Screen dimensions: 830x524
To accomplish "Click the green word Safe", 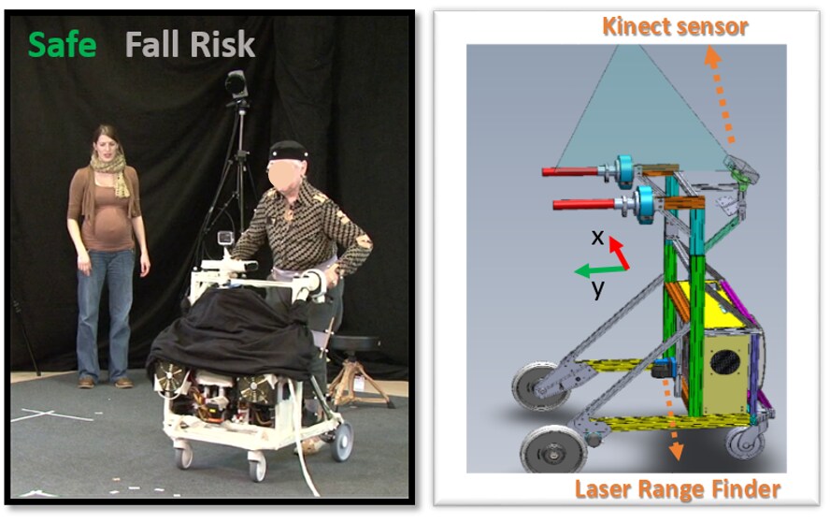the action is tap(63, 45).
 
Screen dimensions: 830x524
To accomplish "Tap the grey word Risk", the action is tap(222, 45).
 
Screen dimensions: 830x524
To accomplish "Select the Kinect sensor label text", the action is tap(675, 26).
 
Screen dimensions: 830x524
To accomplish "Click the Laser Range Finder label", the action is tap(678, 489).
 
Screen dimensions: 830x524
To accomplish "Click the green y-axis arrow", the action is tap(601, 270).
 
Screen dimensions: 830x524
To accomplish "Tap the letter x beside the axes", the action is tap(597, 238).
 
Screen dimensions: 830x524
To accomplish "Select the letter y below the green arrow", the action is tap(597, 289).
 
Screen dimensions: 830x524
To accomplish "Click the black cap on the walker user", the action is tap(288, 151).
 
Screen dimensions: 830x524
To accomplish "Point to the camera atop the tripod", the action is tap(236, 83).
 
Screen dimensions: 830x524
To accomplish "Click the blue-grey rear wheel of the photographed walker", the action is tap(342, 441).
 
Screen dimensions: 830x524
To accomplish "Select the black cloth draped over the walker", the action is tap(233, 337).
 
